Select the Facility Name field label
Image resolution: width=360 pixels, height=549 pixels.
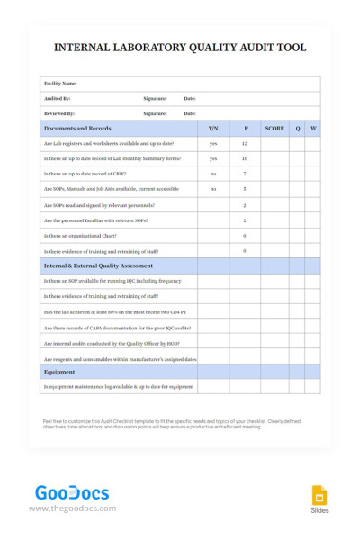[61, 83]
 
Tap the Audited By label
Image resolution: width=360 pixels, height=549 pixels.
[58, 98]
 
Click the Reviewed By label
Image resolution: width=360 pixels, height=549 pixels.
[59, 114]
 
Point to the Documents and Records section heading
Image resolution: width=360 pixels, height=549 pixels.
[77, 129]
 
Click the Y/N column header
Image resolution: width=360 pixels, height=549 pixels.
[213, 129]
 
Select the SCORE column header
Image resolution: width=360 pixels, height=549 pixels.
[274, 129]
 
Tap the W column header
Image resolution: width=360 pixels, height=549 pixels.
[313, 129]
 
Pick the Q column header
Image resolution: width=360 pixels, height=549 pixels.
[297, 129]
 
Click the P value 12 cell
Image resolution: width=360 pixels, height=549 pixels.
[245, 144]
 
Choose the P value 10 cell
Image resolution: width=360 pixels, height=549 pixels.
[245, 158]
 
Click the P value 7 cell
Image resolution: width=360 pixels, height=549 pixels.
[245, 174]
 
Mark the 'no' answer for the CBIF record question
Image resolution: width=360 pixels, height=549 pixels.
[213, 174]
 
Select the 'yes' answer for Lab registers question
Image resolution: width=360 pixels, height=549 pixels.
[213, 144]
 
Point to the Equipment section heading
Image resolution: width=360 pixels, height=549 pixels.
[59, 372]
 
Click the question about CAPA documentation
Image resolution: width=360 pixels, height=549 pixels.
[117, 328]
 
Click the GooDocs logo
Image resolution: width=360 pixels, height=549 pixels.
[71, 493]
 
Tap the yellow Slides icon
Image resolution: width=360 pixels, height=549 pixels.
[319, 495]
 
